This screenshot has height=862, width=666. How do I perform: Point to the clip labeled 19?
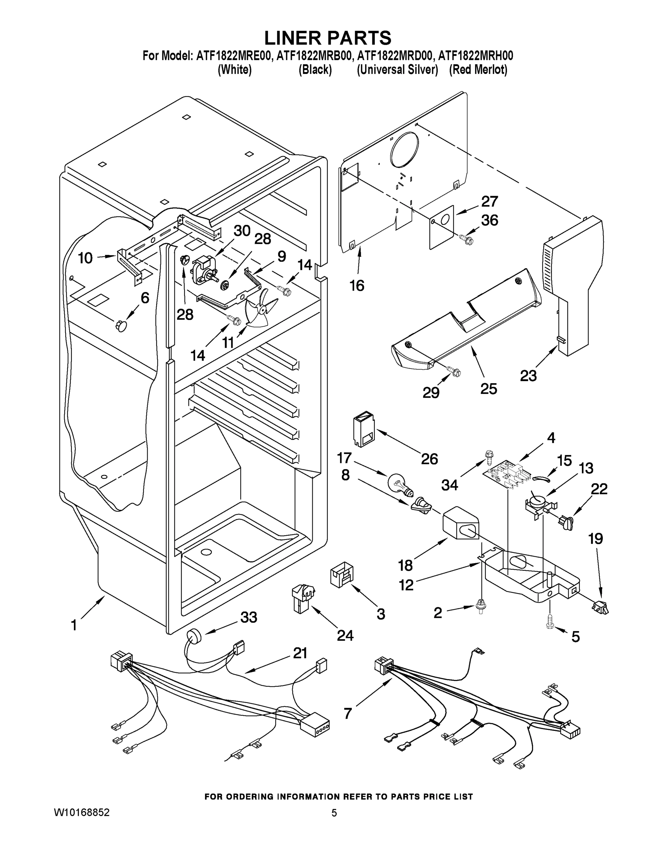pos(600,607)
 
